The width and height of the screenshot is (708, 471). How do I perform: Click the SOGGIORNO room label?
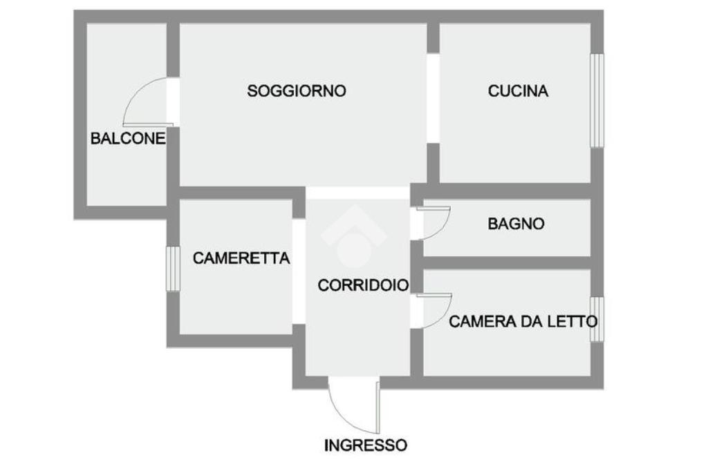click(297, 90)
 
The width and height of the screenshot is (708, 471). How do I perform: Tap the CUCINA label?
click(518, 90)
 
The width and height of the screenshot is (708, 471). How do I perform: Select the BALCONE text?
click(128, 138)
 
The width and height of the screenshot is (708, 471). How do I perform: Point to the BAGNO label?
click(516, 224)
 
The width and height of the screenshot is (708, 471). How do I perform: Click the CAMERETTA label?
click(241, 258)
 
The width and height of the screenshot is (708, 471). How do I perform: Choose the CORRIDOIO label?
click(362, 285)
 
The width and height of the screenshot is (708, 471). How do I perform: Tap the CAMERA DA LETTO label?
click(523, 321)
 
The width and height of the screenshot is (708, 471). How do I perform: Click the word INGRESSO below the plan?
click(366, 445)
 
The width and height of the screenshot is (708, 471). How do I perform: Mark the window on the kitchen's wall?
click(597, 100)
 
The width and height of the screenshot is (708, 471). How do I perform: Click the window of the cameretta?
click(173, 268)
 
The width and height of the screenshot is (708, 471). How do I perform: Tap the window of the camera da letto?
click(597, 318)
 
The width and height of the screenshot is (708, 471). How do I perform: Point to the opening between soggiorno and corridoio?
click(358, 193)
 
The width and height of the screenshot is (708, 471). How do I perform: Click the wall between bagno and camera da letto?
click(507, 262)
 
